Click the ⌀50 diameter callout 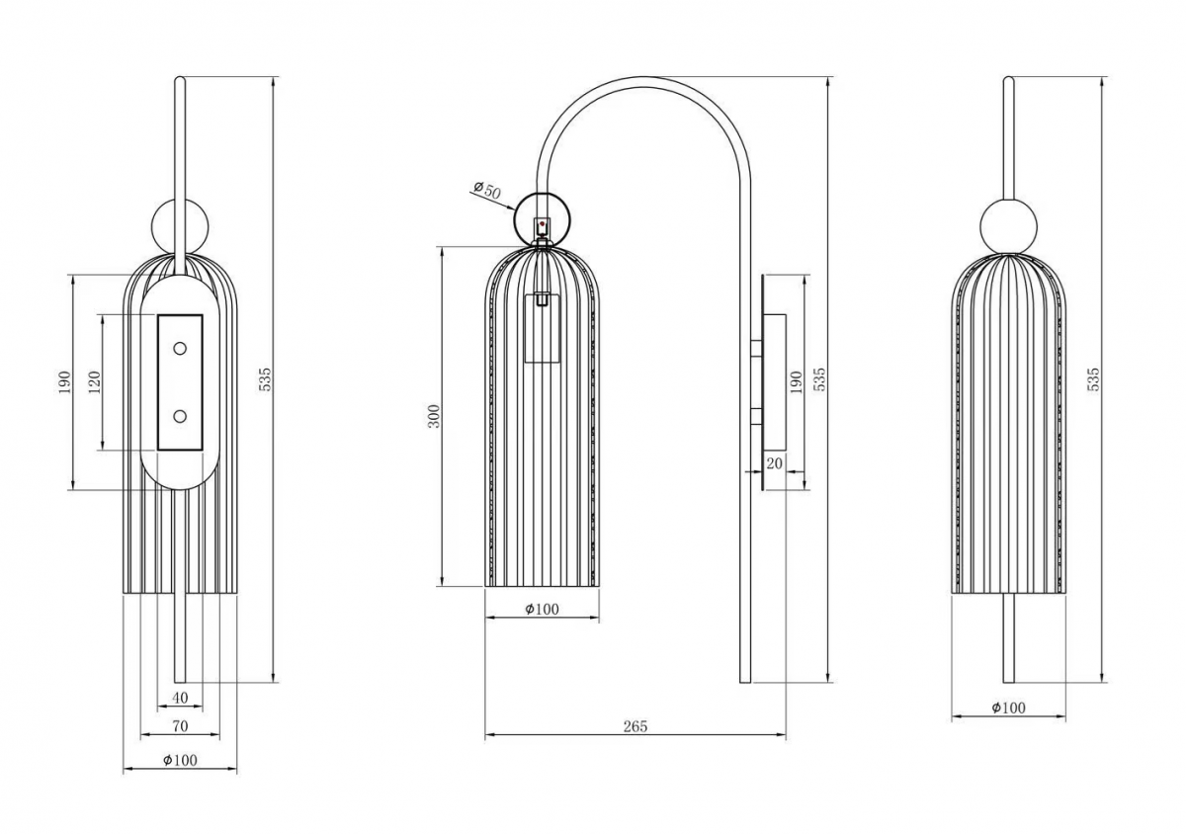coord(487,190)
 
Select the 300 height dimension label coord(434,416)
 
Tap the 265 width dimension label coord(635,726)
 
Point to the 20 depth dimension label coord(774,463)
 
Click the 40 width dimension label coord(180,698)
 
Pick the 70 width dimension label coord(180,726)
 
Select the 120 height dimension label coord(94,381)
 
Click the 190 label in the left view coord(64,381)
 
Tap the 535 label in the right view coord(1093,379)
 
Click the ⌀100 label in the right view coord(1009,708)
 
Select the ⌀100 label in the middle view coord(542,609)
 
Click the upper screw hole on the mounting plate coord(180,349)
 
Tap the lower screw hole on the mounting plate coord(180,416)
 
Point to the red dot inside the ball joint coord(542,224)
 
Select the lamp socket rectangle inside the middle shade coord(543,328)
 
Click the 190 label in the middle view coord(796,381)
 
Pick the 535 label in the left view coord(265,379)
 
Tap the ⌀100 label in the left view coord(180,760)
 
